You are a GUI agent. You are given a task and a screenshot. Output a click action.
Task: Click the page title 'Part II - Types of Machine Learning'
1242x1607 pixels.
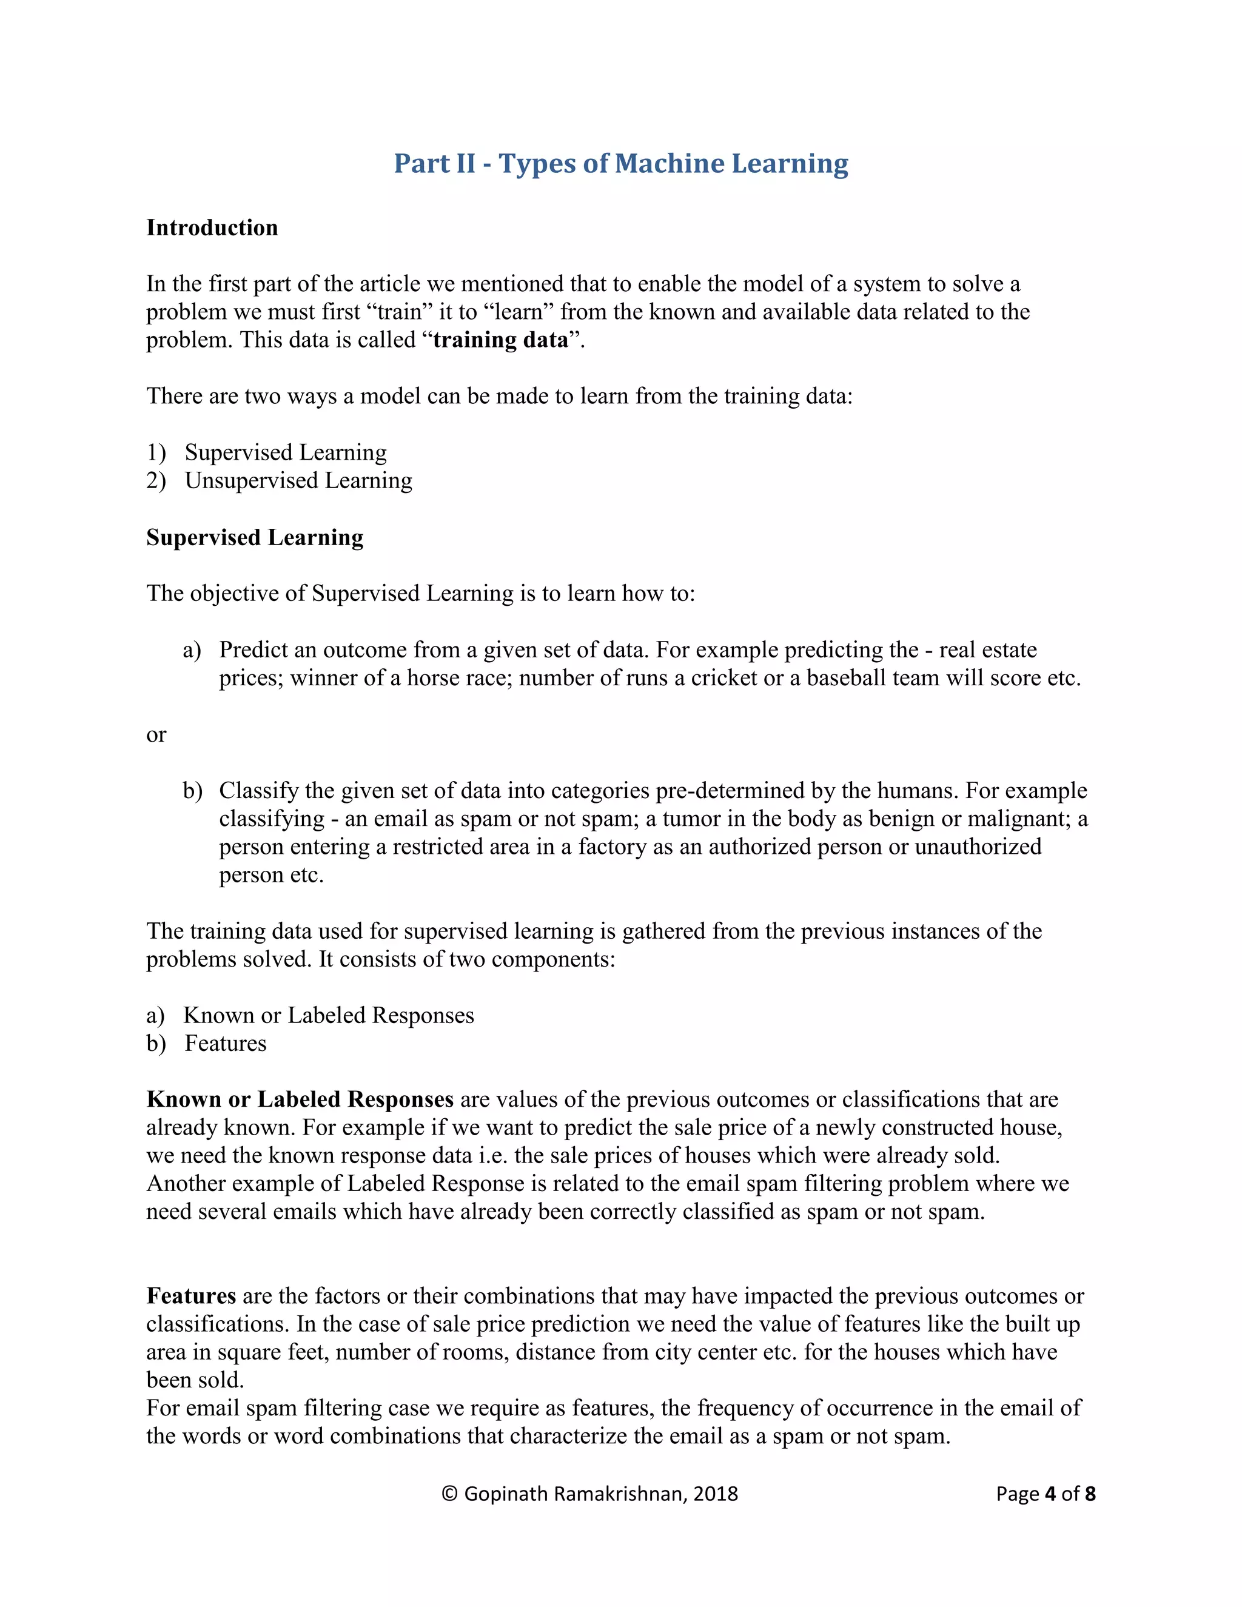620,163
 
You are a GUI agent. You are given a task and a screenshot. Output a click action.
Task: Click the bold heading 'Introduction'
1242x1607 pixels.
212,228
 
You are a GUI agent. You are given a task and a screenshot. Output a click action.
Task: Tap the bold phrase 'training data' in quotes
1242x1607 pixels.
500,340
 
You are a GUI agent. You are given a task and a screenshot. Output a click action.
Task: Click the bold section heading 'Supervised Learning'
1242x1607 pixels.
255,537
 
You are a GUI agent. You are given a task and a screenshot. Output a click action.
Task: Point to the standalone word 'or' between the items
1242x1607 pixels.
156,734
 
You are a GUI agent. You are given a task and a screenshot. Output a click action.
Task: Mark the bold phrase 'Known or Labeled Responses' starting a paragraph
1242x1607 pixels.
300,1099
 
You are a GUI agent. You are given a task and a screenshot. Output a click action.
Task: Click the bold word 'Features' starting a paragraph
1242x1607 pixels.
191,1296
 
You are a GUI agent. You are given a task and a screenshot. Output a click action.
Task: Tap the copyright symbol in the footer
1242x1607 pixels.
449,1494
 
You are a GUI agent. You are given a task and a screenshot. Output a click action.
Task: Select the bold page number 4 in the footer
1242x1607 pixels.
1049,1494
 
